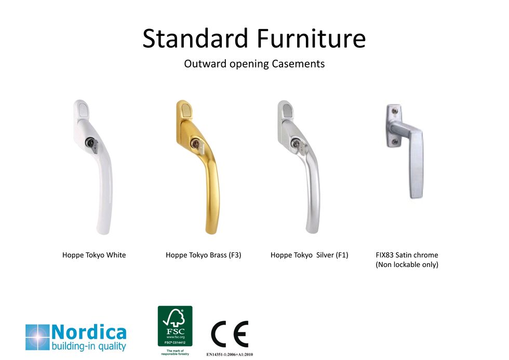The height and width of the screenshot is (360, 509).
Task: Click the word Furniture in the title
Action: [x=311, y=38]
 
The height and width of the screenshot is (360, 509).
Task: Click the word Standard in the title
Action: [x=195, y=38]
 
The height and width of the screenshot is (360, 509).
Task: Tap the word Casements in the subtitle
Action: [x=298, y=63]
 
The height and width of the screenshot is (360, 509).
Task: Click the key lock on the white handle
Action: [x=91, y=143]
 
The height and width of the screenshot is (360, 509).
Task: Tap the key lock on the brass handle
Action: [x=196, y=143]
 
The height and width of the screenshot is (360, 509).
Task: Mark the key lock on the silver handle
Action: [x=297, y=144]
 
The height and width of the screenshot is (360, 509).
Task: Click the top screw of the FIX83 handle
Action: [x=394, y=111]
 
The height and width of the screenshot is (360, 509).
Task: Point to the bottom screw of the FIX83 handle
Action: [x=394, y=142]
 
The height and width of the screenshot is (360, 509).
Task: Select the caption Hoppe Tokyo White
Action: [x=94, y=255]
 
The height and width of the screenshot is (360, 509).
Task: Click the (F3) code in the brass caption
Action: [x=235, y=255]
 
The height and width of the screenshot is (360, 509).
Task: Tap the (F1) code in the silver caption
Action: [x=342, y=255]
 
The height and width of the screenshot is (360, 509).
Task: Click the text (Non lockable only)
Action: [x=407, y=265]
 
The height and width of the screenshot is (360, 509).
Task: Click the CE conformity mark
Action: [x=230, y=334]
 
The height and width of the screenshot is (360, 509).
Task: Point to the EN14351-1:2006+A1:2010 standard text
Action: [x=230, y=354]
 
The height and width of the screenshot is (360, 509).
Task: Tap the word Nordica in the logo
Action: [x=89, y=332]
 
